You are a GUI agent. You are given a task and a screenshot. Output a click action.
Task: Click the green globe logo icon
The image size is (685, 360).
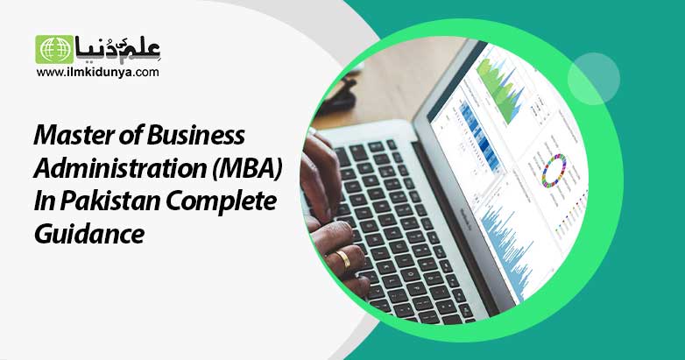point(54,49)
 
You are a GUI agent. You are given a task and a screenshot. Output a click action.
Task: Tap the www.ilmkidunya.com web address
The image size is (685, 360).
point(98,73)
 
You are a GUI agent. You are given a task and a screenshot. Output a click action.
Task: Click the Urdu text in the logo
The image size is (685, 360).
point(118,48)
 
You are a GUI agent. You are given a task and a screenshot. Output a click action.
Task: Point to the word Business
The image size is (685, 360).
point(195,136)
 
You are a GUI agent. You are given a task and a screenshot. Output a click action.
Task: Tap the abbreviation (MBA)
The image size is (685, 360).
point(247,169)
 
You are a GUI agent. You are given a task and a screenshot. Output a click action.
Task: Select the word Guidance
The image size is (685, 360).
point(89,234)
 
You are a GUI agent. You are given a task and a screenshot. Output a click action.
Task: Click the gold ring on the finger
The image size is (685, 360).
point(343,258)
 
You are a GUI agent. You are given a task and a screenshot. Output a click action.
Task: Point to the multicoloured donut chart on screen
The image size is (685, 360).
point(554,171)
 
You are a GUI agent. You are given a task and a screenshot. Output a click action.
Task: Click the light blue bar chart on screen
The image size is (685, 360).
point(508,249)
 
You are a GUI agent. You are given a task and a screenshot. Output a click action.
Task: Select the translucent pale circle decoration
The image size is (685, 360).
point(594,79)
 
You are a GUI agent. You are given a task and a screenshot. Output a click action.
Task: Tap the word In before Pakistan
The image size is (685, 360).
point(44,201)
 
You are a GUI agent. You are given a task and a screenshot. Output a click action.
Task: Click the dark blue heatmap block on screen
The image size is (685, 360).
point(479,135)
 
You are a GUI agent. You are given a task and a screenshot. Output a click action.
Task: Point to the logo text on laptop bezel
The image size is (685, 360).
point(469,219)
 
